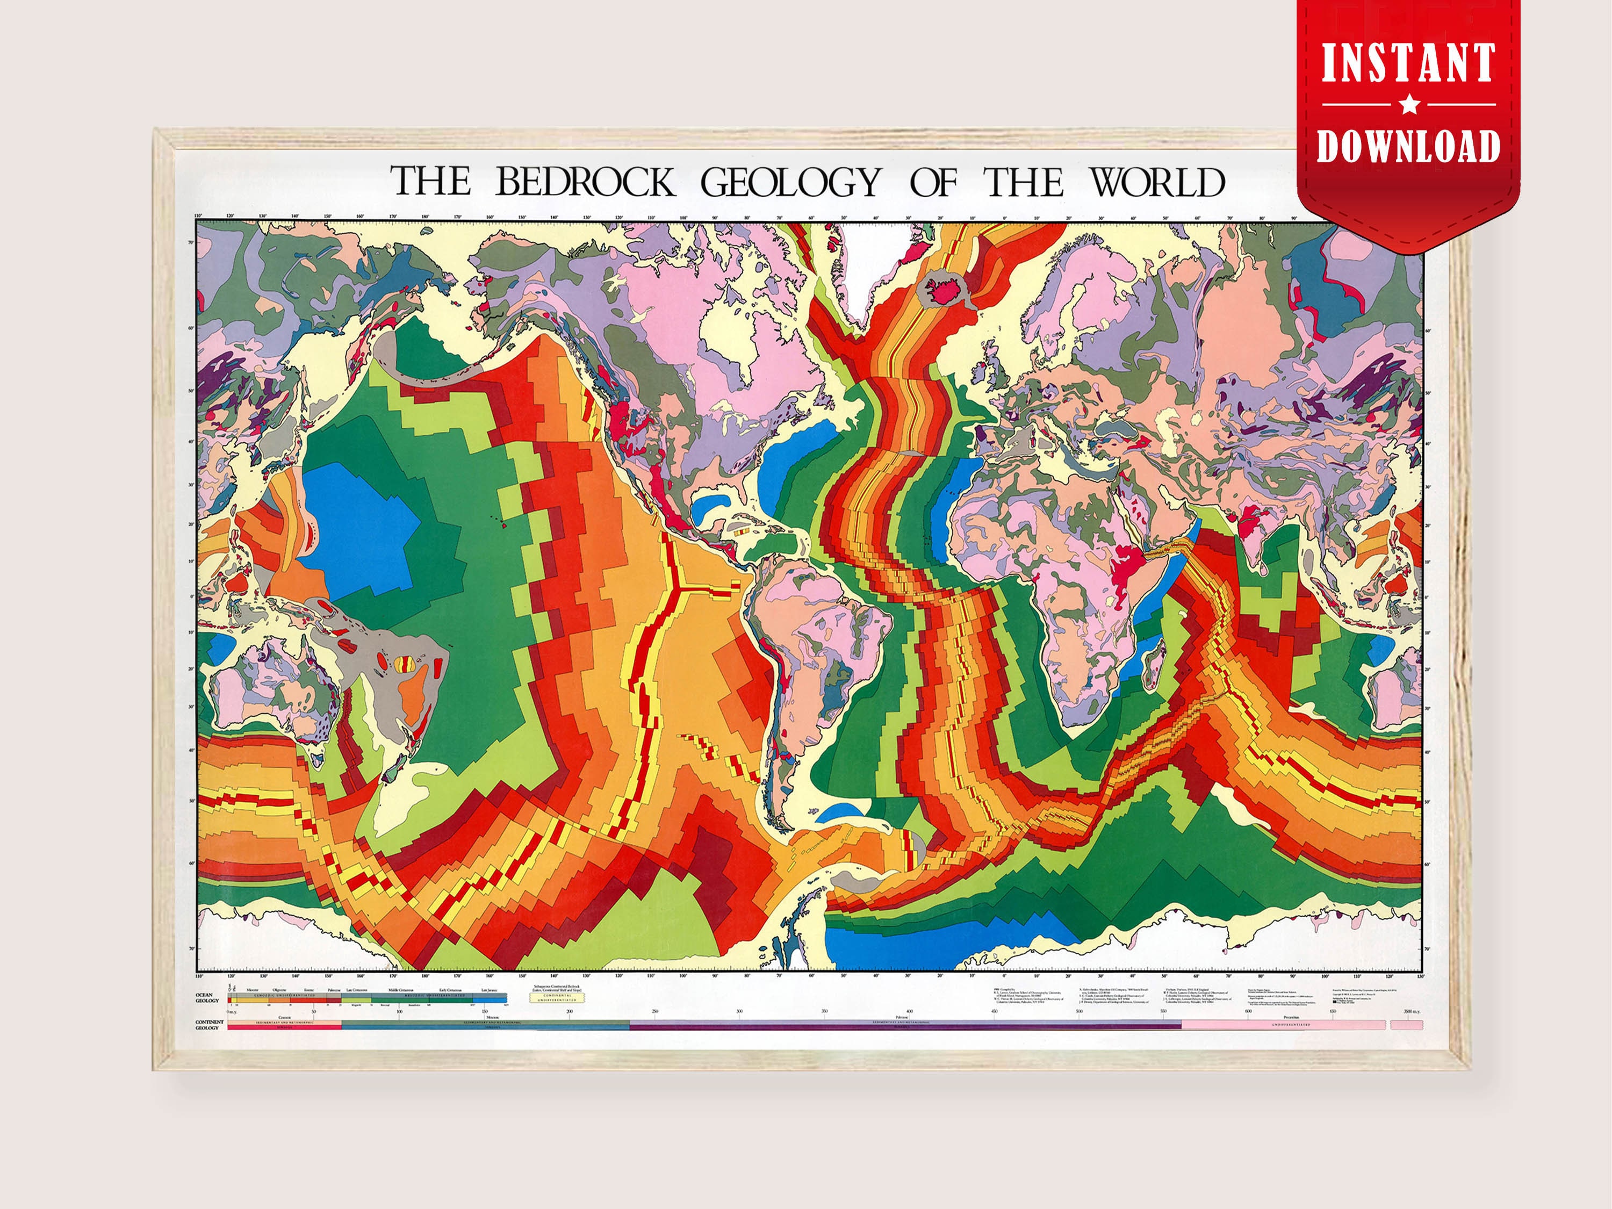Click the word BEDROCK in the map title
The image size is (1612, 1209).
tap(585, 182)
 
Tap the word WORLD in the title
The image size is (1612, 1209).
tap(1157, 182)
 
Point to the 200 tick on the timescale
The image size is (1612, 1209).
tap(569, 1011)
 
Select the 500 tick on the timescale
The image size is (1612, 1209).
tap(1078, 1011)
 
